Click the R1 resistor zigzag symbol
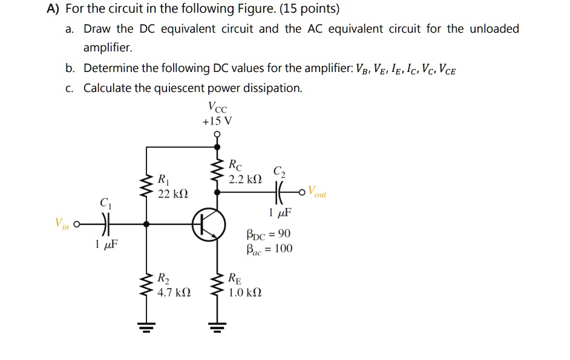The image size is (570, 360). [x=146, y=186]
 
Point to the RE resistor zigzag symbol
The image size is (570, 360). [x=218, y=286]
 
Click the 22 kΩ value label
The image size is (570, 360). [x=173, y=194]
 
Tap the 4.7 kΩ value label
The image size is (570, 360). [x=174, y=293]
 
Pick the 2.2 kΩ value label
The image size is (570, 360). [x=245, y=179]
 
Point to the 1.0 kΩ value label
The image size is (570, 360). [x=245, y=293]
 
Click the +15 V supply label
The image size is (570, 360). [x=217, y=121]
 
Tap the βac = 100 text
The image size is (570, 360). [x=269, y=248]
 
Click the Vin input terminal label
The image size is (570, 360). [x=62, y=223]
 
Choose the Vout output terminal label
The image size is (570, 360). [x=316, y=192]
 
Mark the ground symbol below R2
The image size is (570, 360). [x=146, y=327]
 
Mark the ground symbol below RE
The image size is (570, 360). [x=218, y=327]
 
